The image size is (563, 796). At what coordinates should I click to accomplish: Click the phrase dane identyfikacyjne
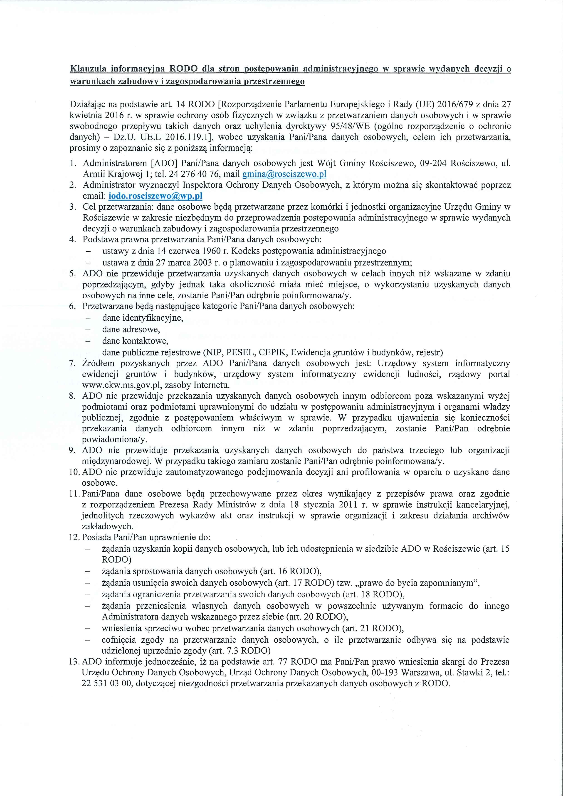tap(142, 318)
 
